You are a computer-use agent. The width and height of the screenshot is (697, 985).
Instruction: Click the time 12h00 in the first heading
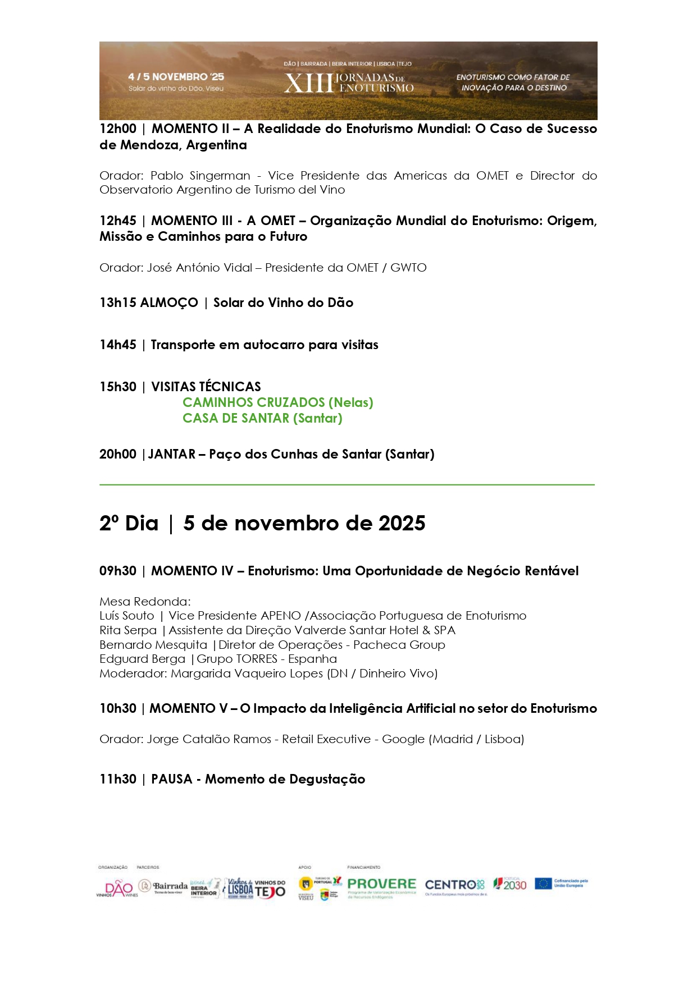click(x=118, y=129)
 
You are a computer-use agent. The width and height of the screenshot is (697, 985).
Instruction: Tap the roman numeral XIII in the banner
click(x=308, y=83)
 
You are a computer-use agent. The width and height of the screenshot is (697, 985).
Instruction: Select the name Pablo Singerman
click(x=200, y=176)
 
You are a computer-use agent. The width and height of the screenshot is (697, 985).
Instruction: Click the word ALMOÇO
click(x=168, y=303)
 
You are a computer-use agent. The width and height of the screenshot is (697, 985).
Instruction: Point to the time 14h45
click(x=118, y=345)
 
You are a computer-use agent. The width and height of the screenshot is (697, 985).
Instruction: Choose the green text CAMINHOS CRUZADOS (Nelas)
click(x=277, y=402)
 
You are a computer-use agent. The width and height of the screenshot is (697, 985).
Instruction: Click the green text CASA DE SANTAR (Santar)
click(x=262, y=418)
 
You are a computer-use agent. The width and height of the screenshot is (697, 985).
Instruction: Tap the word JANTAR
click(x=172, y=454)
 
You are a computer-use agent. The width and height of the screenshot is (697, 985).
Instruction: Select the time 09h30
click(x=118, y=571)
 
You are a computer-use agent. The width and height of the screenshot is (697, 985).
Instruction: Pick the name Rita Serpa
click(x=128, y=630)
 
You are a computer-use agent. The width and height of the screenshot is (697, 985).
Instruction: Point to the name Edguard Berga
click(x=142, y=659)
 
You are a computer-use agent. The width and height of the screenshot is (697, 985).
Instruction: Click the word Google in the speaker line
click(x=403, y=739)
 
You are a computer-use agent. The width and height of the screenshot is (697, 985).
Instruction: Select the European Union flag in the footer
click(x=543, y=883)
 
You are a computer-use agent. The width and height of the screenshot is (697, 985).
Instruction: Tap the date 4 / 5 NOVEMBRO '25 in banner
click(x=176, y=77)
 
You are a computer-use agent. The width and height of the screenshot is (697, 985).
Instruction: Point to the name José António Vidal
click(x=199, y=268)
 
